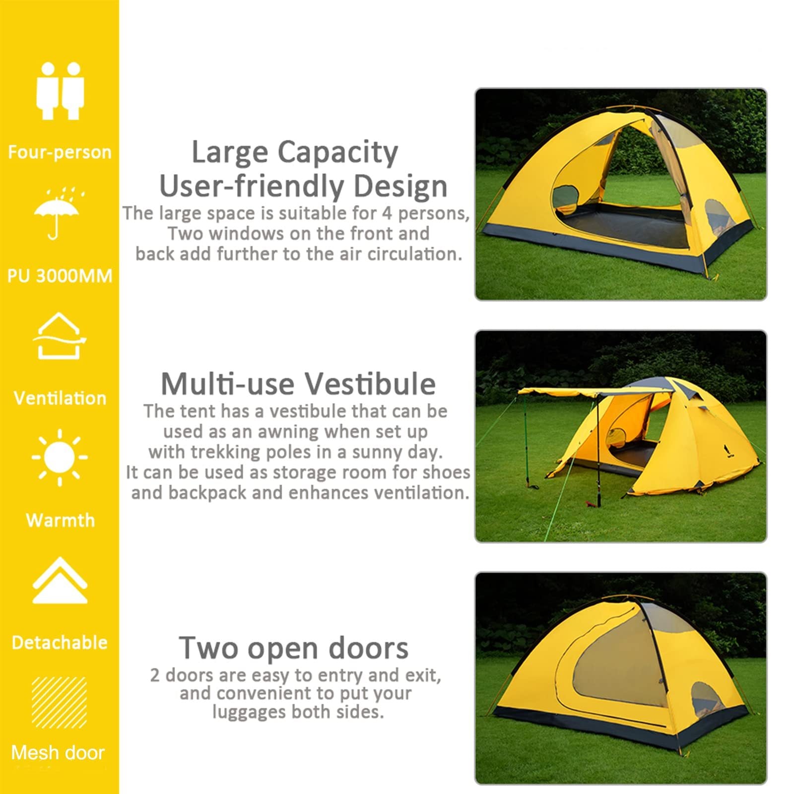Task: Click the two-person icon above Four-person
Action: (60, 90)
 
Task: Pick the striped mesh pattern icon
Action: (60, 702)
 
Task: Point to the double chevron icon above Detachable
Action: (60, 580)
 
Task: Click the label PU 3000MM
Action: (60, 276)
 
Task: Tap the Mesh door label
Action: (58, 753)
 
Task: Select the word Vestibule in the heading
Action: (370, 384)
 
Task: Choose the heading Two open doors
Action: (294, 648)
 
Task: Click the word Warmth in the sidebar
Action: (60, 520)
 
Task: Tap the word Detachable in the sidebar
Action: (60, 642)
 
